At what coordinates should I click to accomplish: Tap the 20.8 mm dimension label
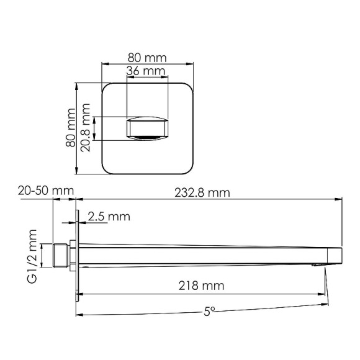coord(87,129)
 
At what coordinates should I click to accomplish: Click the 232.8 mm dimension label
coord(207,192)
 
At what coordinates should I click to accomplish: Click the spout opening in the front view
coord(147,128)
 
